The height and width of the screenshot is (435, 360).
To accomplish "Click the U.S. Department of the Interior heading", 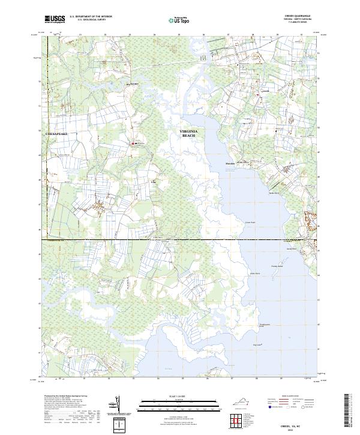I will (91, 16).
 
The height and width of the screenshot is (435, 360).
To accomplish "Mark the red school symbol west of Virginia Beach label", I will (133, 143).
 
